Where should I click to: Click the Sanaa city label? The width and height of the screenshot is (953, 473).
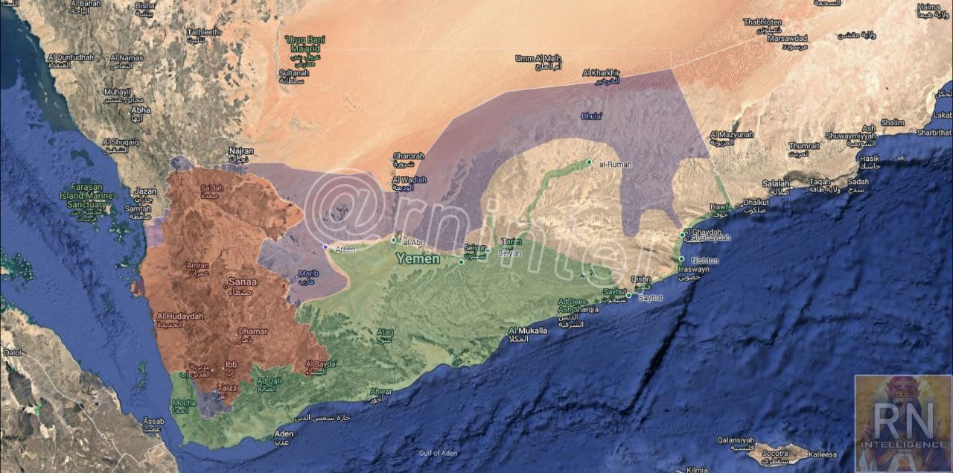[243, 282]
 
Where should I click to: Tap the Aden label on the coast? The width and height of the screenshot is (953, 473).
[284, 434]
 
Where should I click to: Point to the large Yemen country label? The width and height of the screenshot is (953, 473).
[418, 259]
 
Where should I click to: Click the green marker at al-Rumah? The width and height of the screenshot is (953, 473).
[589, 162]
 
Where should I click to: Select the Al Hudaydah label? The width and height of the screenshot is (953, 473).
[179, 317]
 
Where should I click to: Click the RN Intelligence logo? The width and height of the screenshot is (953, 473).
[902, 423]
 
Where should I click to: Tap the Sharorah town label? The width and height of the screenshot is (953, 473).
[408, 156]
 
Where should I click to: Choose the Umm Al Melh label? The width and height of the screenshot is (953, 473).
[538, 58]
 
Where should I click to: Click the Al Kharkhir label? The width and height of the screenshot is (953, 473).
[601, 73]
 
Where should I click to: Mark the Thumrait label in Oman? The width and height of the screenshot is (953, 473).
[803, 146]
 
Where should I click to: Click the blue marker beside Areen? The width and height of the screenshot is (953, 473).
[325, 247]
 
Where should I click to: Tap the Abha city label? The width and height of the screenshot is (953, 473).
[140, 109]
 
